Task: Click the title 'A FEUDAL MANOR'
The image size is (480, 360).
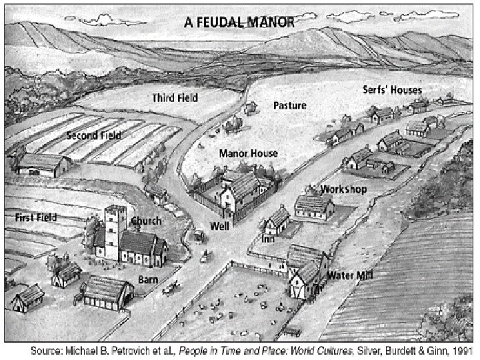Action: pos(238,21)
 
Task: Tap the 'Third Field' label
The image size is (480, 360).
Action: pos(175,98)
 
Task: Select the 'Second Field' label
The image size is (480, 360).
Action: pos(93,135)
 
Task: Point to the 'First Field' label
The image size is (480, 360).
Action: pos(36,217)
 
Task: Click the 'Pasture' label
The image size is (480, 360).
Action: pos(290,105)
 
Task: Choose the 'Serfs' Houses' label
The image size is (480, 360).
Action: pos(392,89)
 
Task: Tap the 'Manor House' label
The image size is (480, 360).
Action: pos(249,153)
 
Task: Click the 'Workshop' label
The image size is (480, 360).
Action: pos(343,189)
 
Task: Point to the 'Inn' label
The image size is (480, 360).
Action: pos(269,238)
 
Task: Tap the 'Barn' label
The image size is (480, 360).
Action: pos(147,279)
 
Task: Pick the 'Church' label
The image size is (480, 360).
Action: pos(145,221)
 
